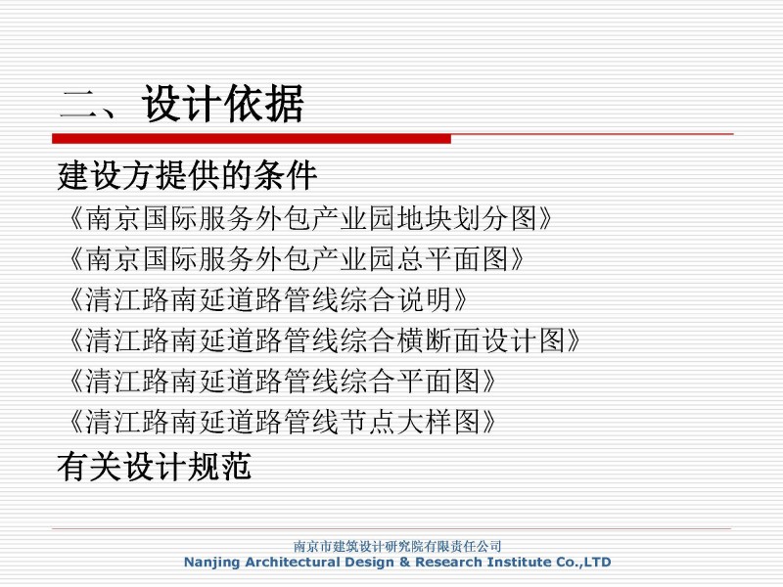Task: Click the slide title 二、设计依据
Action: pos(182,104)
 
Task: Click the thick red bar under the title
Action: pos(252,138)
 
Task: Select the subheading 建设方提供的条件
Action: pos(187,175)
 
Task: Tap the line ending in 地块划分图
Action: pos(310,218)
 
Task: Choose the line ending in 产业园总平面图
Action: pos(296,259)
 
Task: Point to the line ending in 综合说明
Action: pos(267,299)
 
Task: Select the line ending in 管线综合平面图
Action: pos(282,381)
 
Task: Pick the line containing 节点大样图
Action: pos(282,422)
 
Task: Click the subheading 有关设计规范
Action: pos(155,467)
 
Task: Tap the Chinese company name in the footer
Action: pos(397,546)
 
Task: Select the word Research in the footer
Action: pos(448,562)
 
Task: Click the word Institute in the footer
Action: pos(519,562)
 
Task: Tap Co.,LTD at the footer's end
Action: pos(583,562)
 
